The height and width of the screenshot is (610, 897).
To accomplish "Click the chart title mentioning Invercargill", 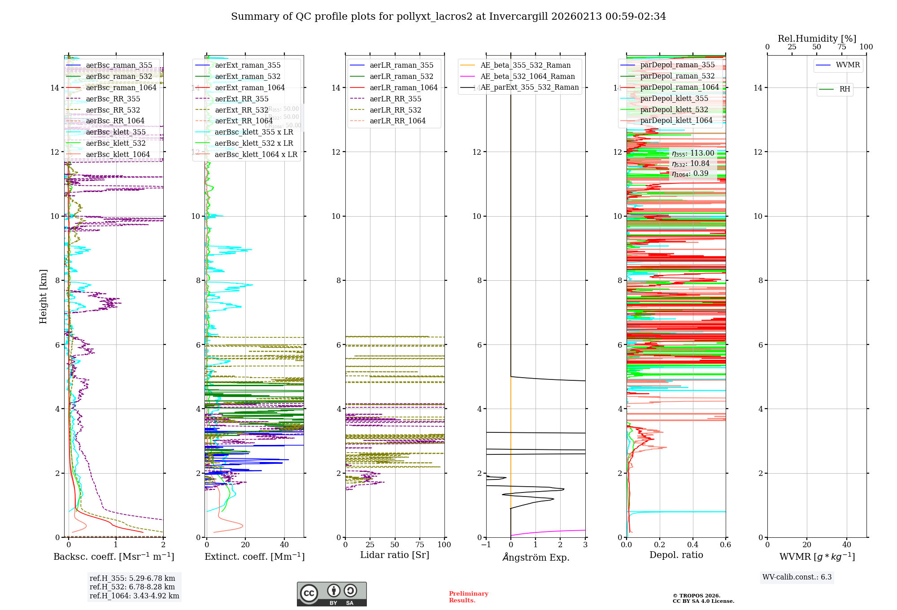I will point(448,17).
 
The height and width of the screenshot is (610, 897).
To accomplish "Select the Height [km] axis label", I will point(43,296).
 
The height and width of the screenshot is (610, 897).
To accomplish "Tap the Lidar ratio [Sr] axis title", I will point(395,555).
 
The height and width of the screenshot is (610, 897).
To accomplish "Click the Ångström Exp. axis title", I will point(536,557).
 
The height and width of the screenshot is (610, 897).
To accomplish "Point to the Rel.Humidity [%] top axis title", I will point(817,39).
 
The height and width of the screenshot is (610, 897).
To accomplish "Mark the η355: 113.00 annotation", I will point(693,153).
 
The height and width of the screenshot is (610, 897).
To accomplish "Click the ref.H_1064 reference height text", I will point(134,596).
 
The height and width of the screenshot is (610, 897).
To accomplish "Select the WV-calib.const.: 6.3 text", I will point(797,577).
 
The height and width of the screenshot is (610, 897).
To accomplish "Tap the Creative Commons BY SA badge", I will point(331,594).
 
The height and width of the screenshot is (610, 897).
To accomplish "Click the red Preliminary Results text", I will point(468,597).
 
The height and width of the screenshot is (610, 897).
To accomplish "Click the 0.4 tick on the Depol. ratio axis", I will point(692,545).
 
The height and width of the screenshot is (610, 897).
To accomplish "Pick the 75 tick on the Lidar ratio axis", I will point(420,545).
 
